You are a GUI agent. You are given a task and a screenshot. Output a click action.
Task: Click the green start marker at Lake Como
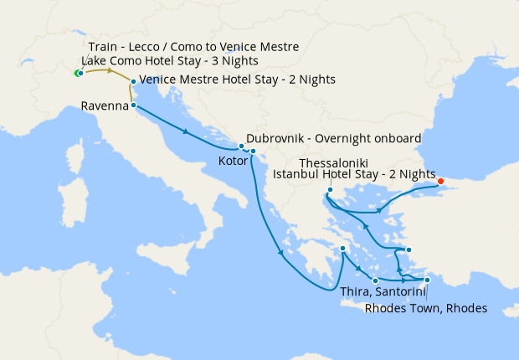click(x=77, y=74)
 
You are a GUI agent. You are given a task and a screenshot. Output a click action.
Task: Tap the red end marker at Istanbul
click(x=441, y=179)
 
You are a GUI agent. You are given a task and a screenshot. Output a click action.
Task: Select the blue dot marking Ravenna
click(x=134, y=105)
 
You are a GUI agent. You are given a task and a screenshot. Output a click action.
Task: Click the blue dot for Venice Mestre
click(x=133, y=81)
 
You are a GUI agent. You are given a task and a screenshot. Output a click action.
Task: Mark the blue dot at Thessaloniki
click(x=331, y=190)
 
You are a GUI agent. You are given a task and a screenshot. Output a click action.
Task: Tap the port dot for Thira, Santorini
click(x=375, y=280)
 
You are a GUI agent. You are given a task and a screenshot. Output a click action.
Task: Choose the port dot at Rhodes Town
click(x=427, y=280)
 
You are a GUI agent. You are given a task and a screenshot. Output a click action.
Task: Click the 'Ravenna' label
click(x=105, y=106)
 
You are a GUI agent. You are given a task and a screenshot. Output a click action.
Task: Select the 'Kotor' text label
click(x=232, y=160)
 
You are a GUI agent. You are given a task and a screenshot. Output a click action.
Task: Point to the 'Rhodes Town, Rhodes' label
click(x=426, y=308)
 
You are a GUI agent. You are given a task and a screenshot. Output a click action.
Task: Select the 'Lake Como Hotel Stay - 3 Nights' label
click(x=170, y=61)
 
